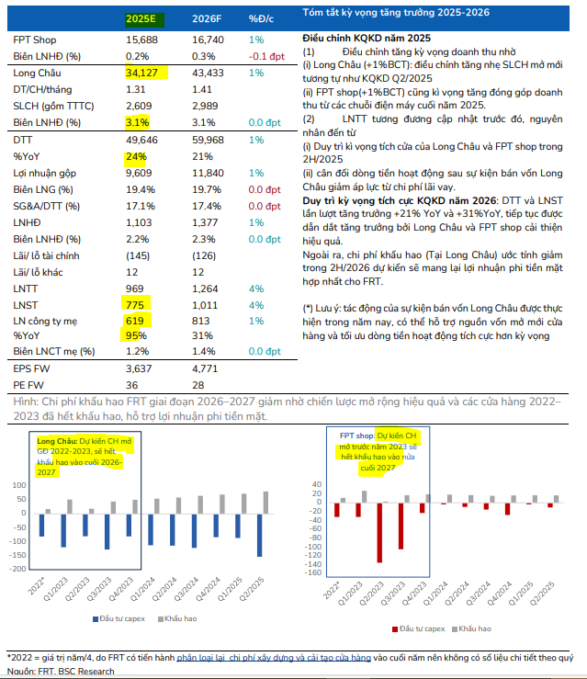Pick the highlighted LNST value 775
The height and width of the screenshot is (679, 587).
(x=136, y=302)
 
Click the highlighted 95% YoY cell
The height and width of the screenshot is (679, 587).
(x=135, y=335)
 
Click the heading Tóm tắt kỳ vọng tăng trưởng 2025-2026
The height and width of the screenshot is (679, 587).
(x=396, y=13)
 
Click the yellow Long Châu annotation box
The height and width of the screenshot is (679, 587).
(x=90, y=457)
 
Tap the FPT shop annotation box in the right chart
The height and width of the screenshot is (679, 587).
(x=376, y=449)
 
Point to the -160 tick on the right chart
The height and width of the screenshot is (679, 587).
(x=313, y=573)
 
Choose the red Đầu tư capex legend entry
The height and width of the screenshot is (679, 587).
(x=418, y=628)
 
